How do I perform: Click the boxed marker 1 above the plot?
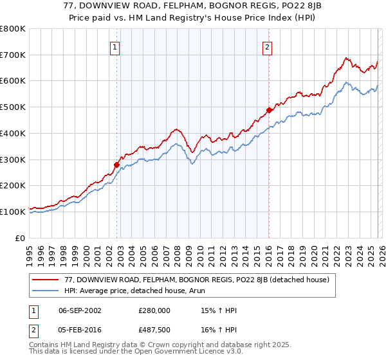point(115,46)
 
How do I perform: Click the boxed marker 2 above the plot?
point(266,46)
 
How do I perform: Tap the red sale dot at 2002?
point(116,165)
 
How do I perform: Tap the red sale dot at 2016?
point(269,110)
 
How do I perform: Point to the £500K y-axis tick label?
point(13,107)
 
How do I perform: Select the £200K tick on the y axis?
point(13,186)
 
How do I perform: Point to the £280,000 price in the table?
point(154,310)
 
